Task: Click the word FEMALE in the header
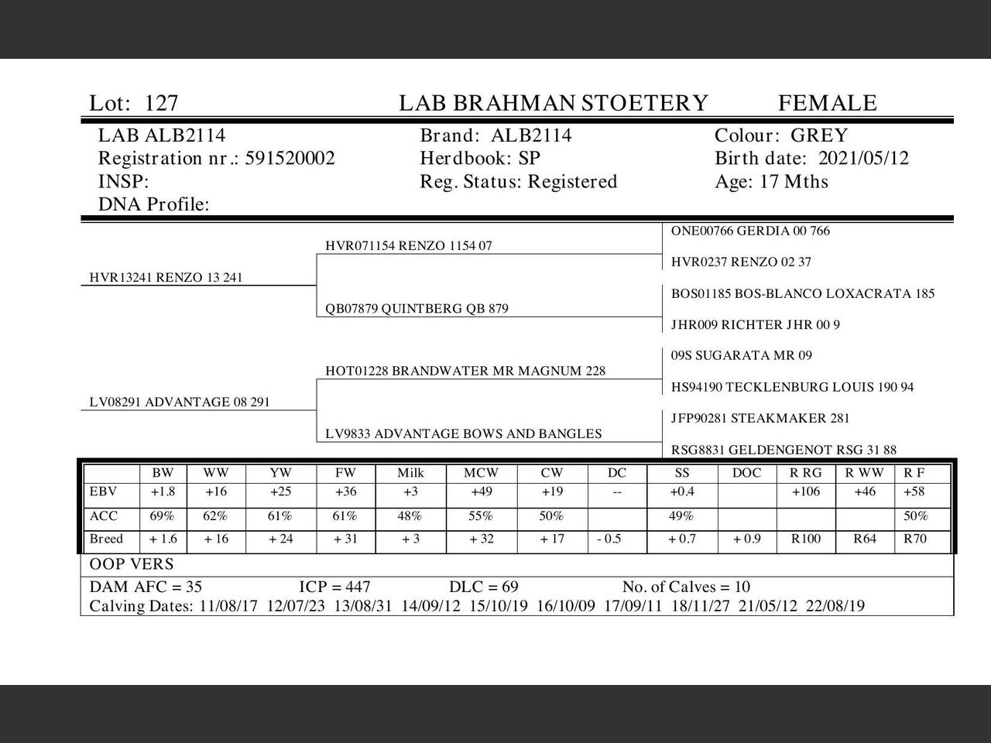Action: pos(827,103)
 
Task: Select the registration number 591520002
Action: pos(290,159)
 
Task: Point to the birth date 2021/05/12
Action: pos(863,159)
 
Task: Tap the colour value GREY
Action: pos(819,135)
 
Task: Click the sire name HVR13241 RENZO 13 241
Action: pos(166,278)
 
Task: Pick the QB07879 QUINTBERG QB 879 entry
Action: pos(417,309)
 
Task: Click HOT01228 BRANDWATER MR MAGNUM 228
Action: pos(465,371)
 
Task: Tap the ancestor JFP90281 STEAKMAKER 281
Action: pos(760,419)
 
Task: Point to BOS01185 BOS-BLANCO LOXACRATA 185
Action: pos(803,294)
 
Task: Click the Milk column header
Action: pos(410,473)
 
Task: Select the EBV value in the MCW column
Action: pos(481,492)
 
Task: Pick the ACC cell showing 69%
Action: pos(162,516)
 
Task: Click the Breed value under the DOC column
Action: pos(747,539)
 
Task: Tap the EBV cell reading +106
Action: pos(806,492)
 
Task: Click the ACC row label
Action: pos(98,516)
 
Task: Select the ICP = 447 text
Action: pos(334,587)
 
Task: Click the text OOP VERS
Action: pos(132,564)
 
